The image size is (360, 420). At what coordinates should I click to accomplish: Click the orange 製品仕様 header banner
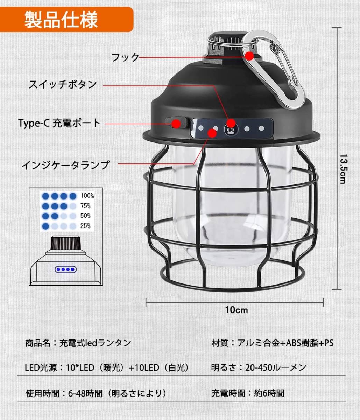[x=66, y=20]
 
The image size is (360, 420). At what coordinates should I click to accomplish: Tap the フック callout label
[x=125, y=57]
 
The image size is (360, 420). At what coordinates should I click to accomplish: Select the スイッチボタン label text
[x=63, y=84]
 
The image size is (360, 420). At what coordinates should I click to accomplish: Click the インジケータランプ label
[x=66, y=165]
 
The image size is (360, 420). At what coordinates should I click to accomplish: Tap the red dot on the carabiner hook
[x=249, y=56]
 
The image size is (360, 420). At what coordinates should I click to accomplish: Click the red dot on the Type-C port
[x=176, y=123]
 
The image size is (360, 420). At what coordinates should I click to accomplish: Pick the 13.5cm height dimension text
[x=344, y=169]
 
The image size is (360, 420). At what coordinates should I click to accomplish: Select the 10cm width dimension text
[x=237, y=310]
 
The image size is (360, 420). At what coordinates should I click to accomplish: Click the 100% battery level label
[x=87, y=196]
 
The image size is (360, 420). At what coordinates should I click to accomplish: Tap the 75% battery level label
[x=85, y=206]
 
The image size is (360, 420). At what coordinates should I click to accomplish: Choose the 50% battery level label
[x=85, y=216]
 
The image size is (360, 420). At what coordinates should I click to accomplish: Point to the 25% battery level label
[x=85, y=226]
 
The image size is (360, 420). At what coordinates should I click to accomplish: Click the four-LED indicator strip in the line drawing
[x=66, y=269]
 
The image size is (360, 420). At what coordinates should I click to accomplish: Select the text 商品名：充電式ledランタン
[x=78, y=343]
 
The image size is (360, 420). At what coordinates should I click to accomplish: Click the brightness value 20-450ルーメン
[x=275, y=367]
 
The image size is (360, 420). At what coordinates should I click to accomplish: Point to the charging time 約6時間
[x=269, y=393]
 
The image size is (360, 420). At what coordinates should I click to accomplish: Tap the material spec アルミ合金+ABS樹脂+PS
[x=285, y=343]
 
